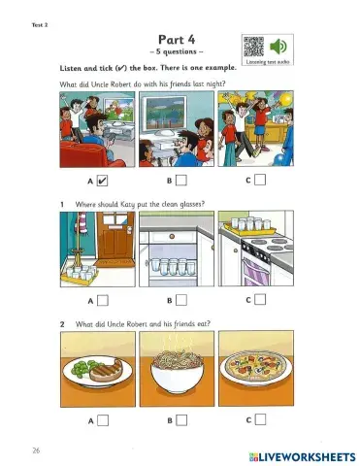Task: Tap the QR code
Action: [x=253, y=46]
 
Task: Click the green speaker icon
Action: [x=279, y=46]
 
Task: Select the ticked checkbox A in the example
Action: [x=103, y=181]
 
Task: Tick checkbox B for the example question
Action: [x=180, y=181]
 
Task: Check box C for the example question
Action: [x=260, y=181]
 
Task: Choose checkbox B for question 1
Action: [x=180, y=300]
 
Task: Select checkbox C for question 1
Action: [x=260, y=300]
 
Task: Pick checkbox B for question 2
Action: [x=180, y=420]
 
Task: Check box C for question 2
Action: [x=260, y=420]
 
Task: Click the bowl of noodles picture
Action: [x=176, y=371]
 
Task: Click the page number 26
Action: [x=35, y=451]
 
